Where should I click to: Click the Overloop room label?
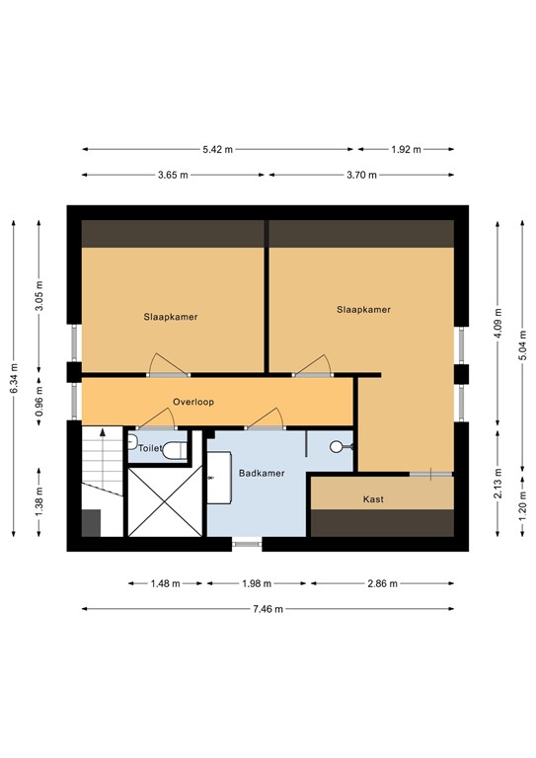point(193,402)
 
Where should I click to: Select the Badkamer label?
point(262,473)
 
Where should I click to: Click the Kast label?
point(373,499)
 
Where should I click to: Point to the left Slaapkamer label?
point(171,317)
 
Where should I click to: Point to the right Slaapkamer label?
point(363,309)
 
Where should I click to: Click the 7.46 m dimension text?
point(267,609)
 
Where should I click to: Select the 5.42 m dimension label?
point(218,150)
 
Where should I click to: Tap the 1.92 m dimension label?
point(406,150)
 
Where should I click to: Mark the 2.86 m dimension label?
point(381,583)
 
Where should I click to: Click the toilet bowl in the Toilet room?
point(175,450)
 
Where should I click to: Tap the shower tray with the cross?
point(163,501)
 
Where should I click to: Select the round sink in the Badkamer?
point(337,447)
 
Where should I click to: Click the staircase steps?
point(102,462)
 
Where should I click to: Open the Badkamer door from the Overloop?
point(266,421)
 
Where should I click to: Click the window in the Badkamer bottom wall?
point(247,542)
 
